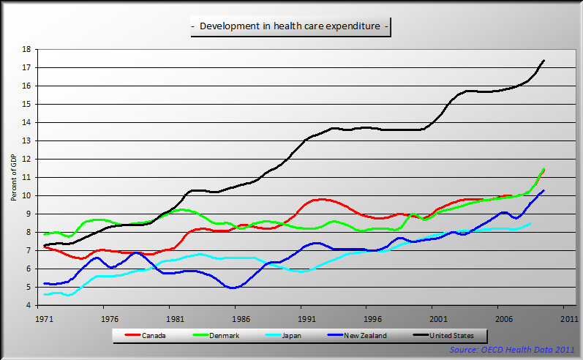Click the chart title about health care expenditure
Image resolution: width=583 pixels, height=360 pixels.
[290, 27]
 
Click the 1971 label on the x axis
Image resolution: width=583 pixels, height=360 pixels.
[45, 319]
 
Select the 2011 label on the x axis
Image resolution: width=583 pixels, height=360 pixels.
[570, 319]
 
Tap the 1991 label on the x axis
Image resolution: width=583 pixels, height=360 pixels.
[307, 319]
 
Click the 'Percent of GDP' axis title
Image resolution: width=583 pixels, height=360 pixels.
[14, 177]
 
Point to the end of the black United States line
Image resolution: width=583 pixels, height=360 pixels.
[543, 60]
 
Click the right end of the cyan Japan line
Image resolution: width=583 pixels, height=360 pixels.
[530, 223]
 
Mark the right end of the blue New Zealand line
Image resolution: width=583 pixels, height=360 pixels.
[543, 190]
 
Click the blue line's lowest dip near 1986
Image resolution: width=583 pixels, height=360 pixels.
[233, 288]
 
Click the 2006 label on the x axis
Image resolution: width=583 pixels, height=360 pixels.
[504, 319]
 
